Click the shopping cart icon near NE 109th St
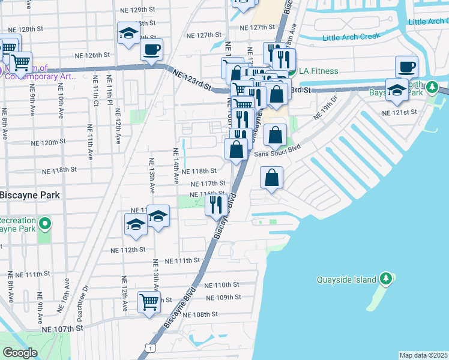point(148,302)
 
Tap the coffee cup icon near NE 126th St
point(151,49)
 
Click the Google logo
point(20,353)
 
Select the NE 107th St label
point(61,329)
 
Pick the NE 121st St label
point(400,112)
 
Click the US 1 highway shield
point(148,347)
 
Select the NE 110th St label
point(222,285)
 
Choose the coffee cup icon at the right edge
point(406,66)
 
